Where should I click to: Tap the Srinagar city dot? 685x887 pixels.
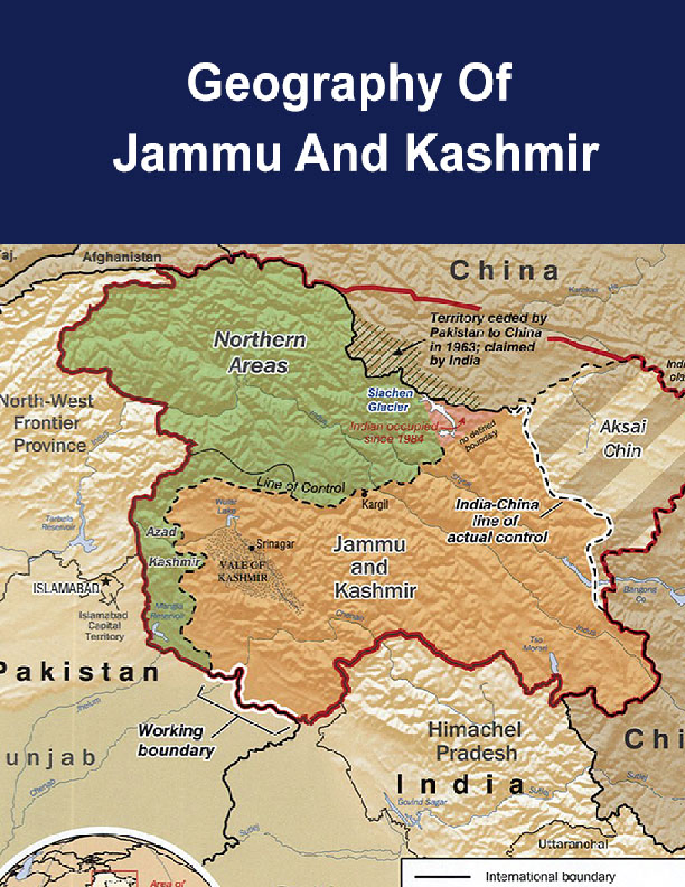pyautogui.click(x=252, y=544)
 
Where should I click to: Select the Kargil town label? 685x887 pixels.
pyautogui.click(x=375, y=504)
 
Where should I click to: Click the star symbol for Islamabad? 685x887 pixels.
pyautogui.click(x=105, y=581)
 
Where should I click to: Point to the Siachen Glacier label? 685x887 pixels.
pyautogui.click(x=390, y=400)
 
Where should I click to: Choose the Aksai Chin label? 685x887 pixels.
pyautogui.click(x=623, y=438)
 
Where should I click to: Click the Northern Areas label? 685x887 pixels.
pyautogui.click(x=259, y=353)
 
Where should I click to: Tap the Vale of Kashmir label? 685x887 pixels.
pyautogui.click(x=242, y=571)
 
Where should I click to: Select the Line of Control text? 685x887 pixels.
pyautogui.click(x=300, y=486)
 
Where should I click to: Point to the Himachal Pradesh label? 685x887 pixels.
pyautogui.click(x=475, y=741)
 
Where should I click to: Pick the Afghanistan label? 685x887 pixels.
pyautogui.click(x=122, y=257)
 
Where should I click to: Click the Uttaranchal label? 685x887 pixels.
pyautogui.click(x=573, y=843)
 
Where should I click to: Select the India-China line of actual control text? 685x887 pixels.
pyautogui.click(x=497, y=521)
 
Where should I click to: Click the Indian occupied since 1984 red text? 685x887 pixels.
pyautogui.click(x=394, y=432)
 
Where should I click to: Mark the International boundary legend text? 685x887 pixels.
pyautogui.click(x=549, y=876)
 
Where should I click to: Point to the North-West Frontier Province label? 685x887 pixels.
pyautogui.click(x=47, y=423)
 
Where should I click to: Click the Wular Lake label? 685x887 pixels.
pyautogui.click(x=226, y=506)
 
